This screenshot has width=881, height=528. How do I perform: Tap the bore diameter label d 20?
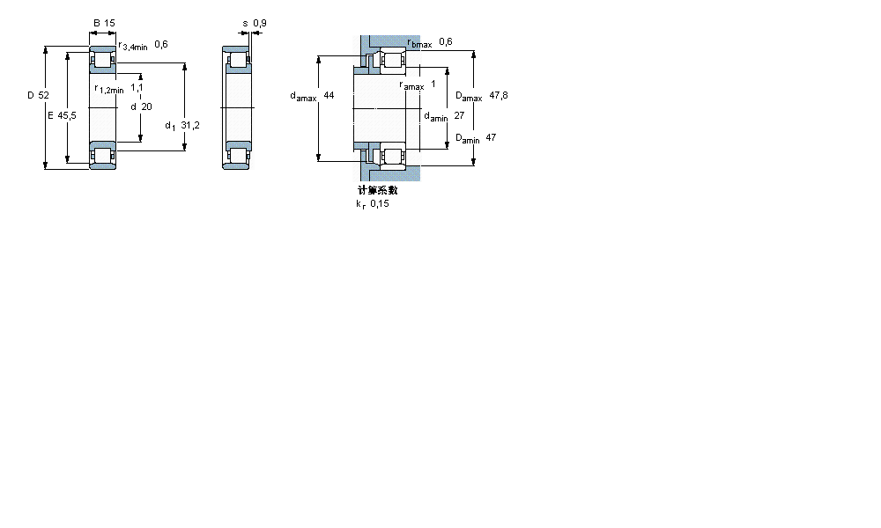(x=141, y=106)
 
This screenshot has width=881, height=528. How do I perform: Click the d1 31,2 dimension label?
(x=182, y=126)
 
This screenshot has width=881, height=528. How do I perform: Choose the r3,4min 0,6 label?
(x=143, y=45)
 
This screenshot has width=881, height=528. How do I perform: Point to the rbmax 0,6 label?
(x=430, y=42)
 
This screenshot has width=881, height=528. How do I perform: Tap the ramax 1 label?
(x=418, y=85)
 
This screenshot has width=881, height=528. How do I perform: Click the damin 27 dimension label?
(x=444, y=116)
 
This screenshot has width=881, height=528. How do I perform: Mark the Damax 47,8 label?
(x=481, y=96)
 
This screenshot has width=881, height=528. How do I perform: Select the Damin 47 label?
(x=476, y=138)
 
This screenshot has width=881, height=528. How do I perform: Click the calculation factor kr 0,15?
(x=372, y=203)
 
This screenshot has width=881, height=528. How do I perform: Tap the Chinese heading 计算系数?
(x=377, y=190)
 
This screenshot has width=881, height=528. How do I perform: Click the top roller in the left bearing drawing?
(x=103, y=62)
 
